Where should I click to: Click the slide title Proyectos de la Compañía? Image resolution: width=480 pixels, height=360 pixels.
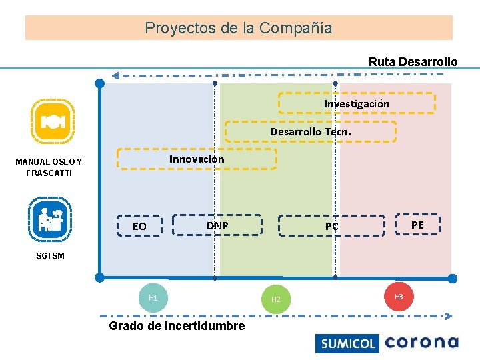[239, 28]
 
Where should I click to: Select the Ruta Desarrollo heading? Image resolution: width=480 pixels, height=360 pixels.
[413, 61]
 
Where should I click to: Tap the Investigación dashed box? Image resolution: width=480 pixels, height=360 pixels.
[357, 103]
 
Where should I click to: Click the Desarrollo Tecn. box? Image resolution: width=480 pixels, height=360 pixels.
[310, 131]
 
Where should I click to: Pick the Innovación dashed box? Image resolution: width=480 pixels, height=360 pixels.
[197, 159]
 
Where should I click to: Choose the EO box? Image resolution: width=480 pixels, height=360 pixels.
[139, 226]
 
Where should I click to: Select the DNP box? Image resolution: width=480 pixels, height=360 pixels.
[217, 225]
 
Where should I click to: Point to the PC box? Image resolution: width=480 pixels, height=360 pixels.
[331, 226]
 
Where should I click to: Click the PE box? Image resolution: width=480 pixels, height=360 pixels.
[417, 225]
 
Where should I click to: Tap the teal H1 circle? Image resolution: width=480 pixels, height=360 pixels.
[153, 298]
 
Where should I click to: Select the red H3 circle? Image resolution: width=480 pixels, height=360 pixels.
[399, 296]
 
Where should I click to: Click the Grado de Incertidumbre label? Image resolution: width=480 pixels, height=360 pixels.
[177, 326]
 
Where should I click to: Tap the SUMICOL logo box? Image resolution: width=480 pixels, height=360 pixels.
[347, 343]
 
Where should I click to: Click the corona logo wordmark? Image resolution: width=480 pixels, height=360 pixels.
[421, 343]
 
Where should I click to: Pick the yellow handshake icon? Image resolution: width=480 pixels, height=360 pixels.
[52, 121]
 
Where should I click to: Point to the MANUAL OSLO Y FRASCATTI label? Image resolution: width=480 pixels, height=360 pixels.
[49, 167]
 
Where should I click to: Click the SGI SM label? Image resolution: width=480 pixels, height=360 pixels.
[50, 256]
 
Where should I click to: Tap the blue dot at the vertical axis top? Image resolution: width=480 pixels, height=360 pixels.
[100, 83]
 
